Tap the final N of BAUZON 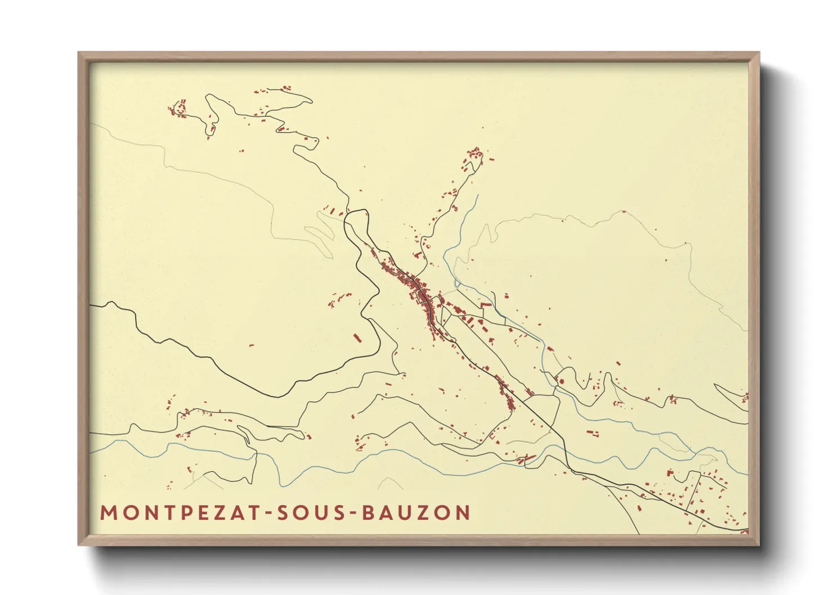click(x=463, y=513)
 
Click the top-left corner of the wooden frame click(x=80, y=54)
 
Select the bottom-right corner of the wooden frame click(x=758, y=544)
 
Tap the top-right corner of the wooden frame click(x=758, y=54)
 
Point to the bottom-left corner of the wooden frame click(x=80, y=544)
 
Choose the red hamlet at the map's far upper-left click(x=179, y=109)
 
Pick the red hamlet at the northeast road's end click(x=474, y=157)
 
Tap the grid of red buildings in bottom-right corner click(x=698, y=495)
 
